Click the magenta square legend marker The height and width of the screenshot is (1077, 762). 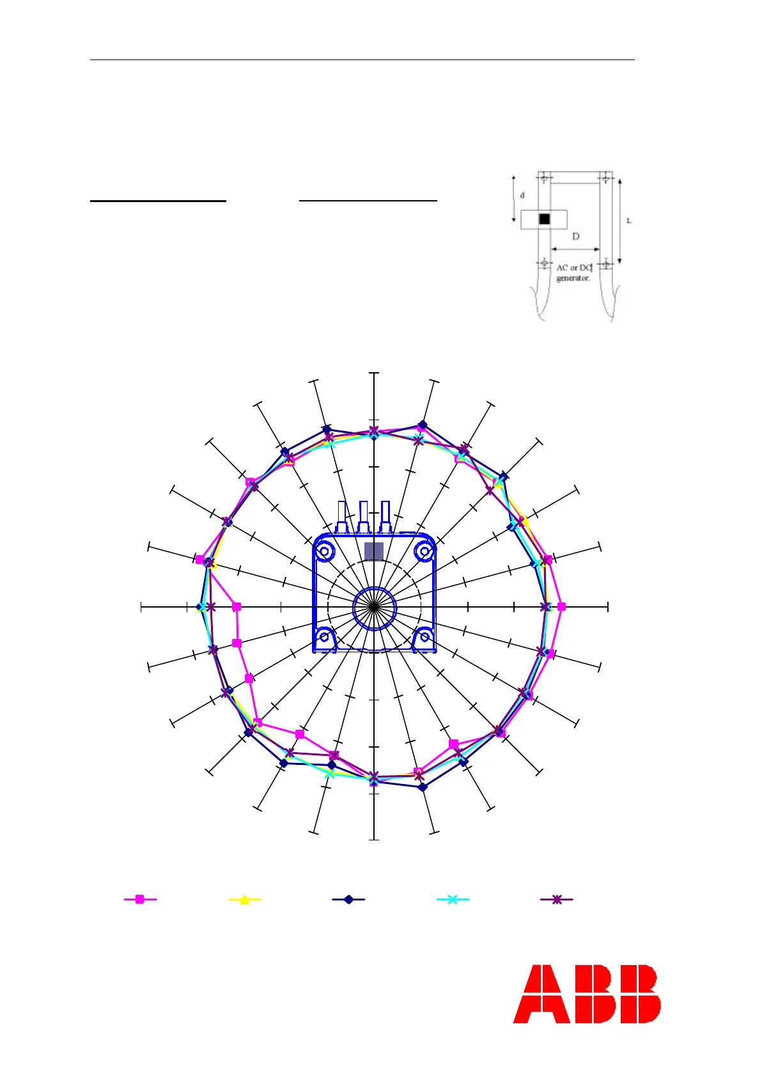(x=140, y=899)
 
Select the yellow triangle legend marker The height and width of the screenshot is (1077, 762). (x=244, y=900)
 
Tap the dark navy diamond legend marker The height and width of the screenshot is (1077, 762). (x=348, y=899)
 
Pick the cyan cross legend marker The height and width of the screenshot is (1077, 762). (x=453, y=899)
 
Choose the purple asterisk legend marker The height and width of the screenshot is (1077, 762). (x=557, y=899)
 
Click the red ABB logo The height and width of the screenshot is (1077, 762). (x=587, y=994)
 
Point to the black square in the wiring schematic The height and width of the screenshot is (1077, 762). (x=545, y=219)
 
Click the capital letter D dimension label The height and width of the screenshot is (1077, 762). (x=575, y=237)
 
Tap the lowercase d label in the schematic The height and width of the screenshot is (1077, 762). (x=522, y=195)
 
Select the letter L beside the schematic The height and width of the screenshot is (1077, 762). (x=629, y=221)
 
